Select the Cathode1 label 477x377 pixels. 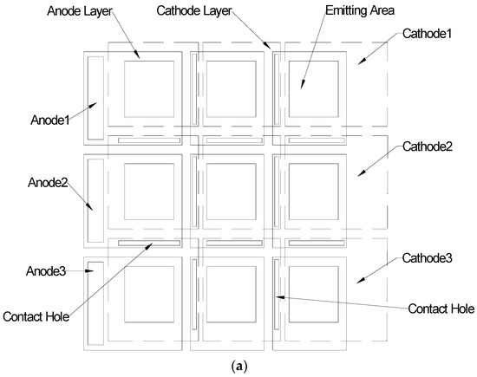pos(425,34)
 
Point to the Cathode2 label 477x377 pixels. pos(426,147)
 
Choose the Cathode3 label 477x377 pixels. pos(426,257)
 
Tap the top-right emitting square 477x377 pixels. pos(310,89)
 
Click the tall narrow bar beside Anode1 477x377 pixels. pos(95,98)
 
